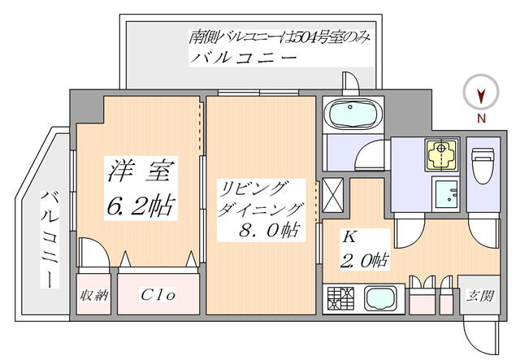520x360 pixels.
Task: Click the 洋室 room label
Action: [x=140, y=172]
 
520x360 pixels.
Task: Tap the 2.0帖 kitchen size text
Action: [x=366, y=259]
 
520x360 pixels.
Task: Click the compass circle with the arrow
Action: [x=481, y=95]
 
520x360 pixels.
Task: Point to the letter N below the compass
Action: [x=481, y=119]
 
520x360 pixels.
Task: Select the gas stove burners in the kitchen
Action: [x=339, y=298]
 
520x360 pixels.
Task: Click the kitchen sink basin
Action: [x=380, y=298]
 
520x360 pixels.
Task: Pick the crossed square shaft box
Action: [x=334, y=195]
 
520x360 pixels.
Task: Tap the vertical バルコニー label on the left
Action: [x=49, y=238]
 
